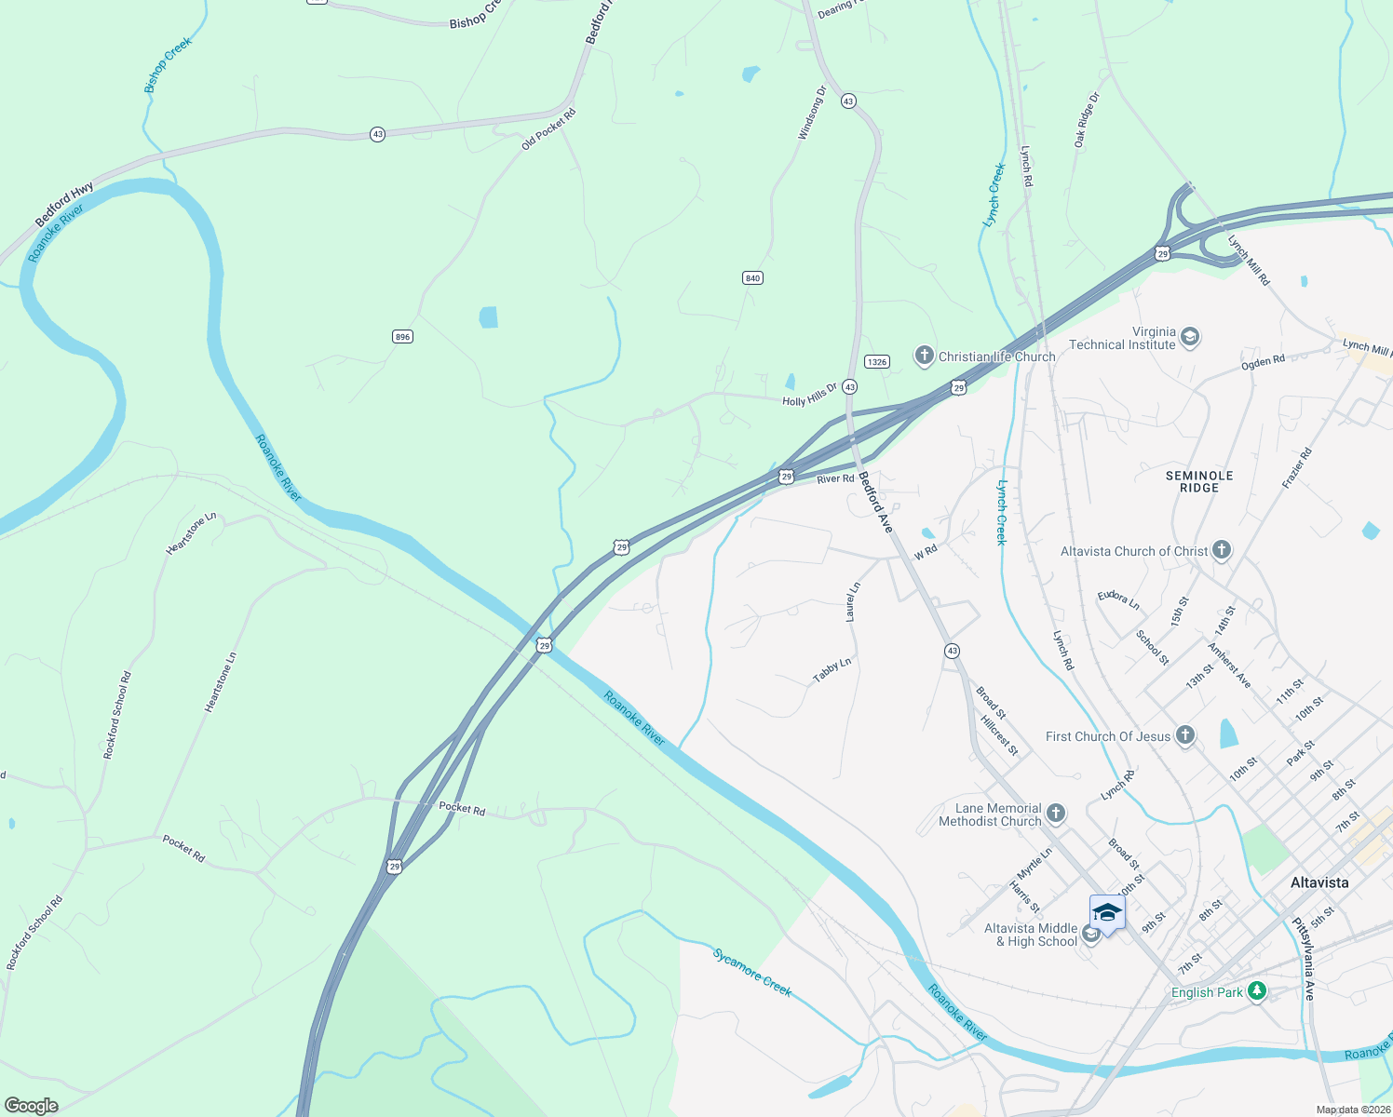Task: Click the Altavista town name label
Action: [x=1319, y=881]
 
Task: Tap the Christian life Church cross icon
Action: [x=924, y=356]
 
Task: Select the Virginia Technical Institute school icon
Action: [x=1189, y=337]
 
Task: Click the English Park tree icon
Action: [x=1257, y=991]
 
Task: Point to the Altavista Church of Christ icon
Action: [x=1222, y=550]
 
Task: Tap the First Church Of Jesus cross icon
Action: [x=1184, y=735]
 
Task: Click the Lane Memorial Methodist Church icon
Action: [x=1055, y=814]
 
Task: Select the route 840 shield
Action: [x=752, y=278]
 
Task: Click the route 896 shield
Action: [x=402, y=337]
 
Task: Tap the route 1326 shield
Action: [x=876, y=361]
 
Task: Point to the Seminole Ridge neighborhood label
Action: [x=1199, y=481]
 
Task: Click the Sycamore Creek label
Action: [x=752, y=972]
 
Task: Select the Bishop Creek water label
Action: [x=168, y=65]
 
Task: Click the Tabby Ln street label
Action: [x=832, y=670]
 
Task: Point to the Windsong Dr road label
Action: [x=811, y=114]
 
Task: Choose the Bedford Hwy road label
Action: [x=64, y=204]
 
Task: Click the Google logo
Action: [x=31, y=1105]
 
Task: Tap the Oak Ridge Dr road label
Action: [x=1086, y=120]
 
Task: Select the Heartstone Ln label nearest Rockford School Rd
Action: [x=221, y=682]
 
